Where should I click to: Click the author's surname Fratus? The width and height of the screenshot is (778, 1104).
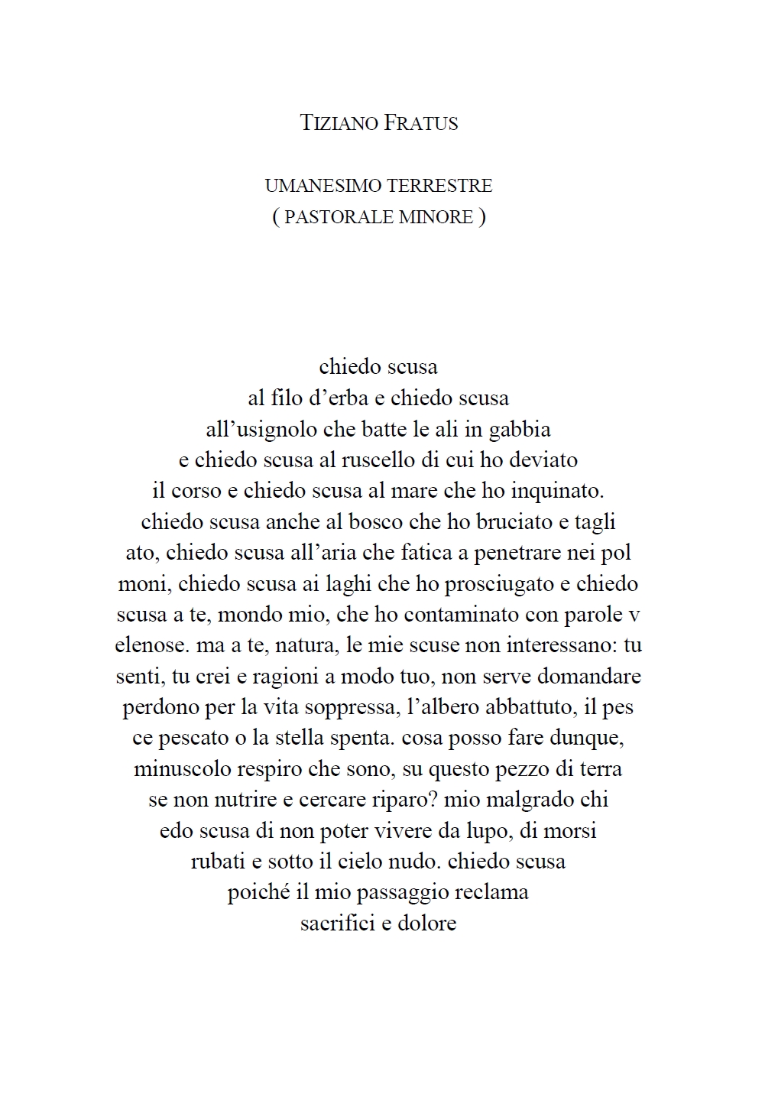coord(420,123)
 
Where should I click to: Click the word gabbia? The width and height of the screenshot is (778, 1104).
coord(519,429)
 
